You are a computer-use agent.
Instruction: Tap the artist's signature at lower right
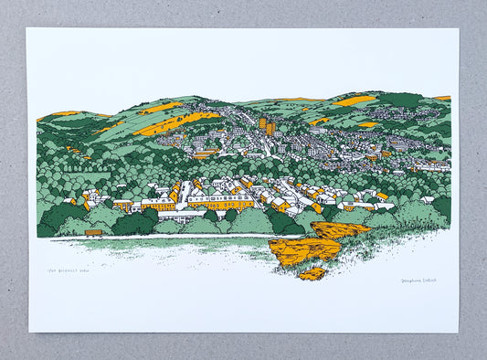(418, 280)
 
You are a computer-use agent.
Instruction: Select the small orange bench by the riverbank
(93, 233)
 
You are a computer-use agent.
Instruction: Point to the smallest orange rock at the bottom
(312, 273)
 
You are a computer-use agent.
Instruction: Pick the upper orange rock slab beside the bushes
(340, 229)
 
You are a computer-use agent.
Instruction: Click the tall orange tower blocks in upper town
(266, 126)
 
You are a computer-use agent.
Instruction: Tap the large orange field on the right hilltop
(355, 101)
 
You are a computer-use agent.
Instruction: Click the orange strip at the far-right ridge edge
(442, 98)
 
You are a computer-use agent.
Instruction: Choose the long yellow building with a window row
(221, 202)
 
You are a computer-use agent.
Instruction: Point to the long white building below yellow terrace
(183, 216)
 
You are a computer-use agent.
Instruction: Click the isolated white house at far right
(427, 199)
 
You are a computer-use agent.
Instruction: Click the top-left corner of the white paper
(27, 28)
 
